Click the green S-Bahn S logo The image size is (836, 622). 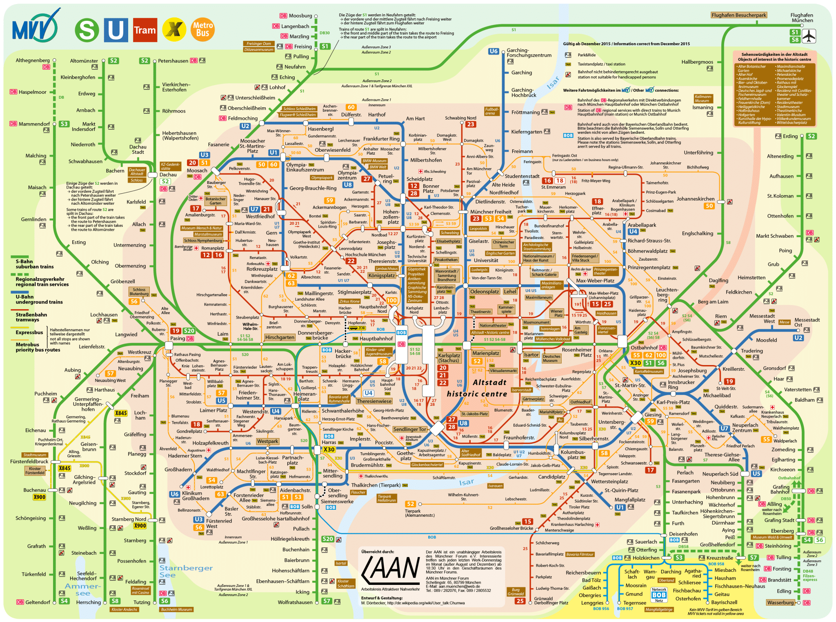tap(87, 30)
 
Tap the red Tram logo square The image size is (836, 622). tap(145, 30)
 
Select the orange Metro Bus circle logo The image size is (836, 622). tap(203, 29)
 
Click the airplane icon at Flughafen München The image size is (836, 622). tap(808, 36)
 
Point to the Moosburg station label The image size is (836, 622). tap(300, 16)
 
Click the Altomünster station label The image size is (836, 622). tap(84, 61)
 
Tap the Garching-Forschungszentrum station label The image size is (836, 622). tap(529, 53)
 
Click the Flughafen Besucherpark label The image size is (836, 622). tap(739, 15)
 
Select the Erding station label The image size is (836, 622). tap(790, 136)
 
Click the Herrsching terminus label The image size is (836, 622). tap(88, 602)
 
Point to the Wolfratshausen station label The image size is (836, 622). tap(295, 602)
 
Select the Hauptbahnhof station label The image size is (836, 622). tap(376, 339)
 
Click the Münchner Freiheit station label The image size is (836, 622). tap(491, 212)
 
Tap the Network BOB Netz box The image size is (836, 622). tap(659, 595)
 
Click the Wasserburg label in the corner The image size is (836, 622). tap(780, 602)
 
